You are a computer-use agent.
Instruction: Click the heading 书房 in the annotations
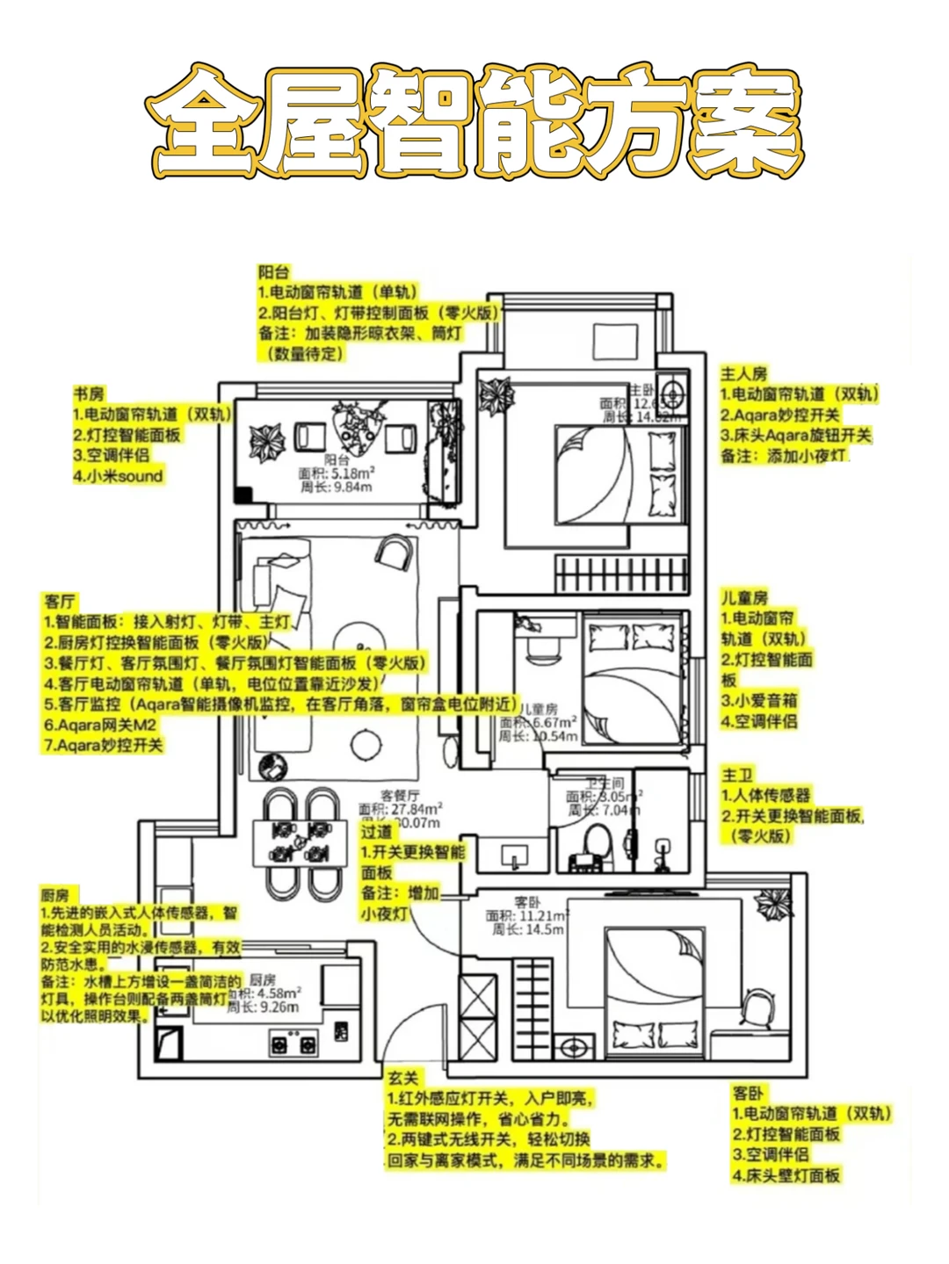pyautogui.click(x=88, y=394)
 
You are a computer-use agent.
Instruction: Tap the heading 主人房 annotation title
pyautogui.click(x=743, y=374)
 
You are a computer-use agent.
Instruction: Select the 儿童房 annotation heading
pyautogui.click(x=744, y=598)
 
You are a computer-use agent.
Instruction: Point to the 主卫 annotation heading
pyautogui.click(x=736, y=775)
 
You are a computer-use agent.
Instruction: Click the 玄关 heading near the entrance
pyautogui.click(x=403, y=1078)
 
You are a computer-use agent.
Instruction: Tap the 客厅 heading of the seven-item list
pyautogui.click(x=60, y=602)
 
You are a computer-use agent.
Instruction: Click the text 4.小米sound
pyautogui.click(x=118, y=476)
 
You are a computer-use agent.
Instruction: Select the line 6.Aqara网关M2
pyautogui.click(x=100, y=725)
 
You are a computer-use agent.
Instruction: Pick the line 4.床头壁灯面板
pyautogui.click(x=786, y=1175)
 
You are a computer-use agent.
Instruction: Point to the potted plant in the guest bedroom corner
pyautogui.click(x=772, y=901)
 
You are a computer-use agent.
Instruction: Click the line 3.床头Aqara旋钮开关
pyautogui.click(x=795, y=436)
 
